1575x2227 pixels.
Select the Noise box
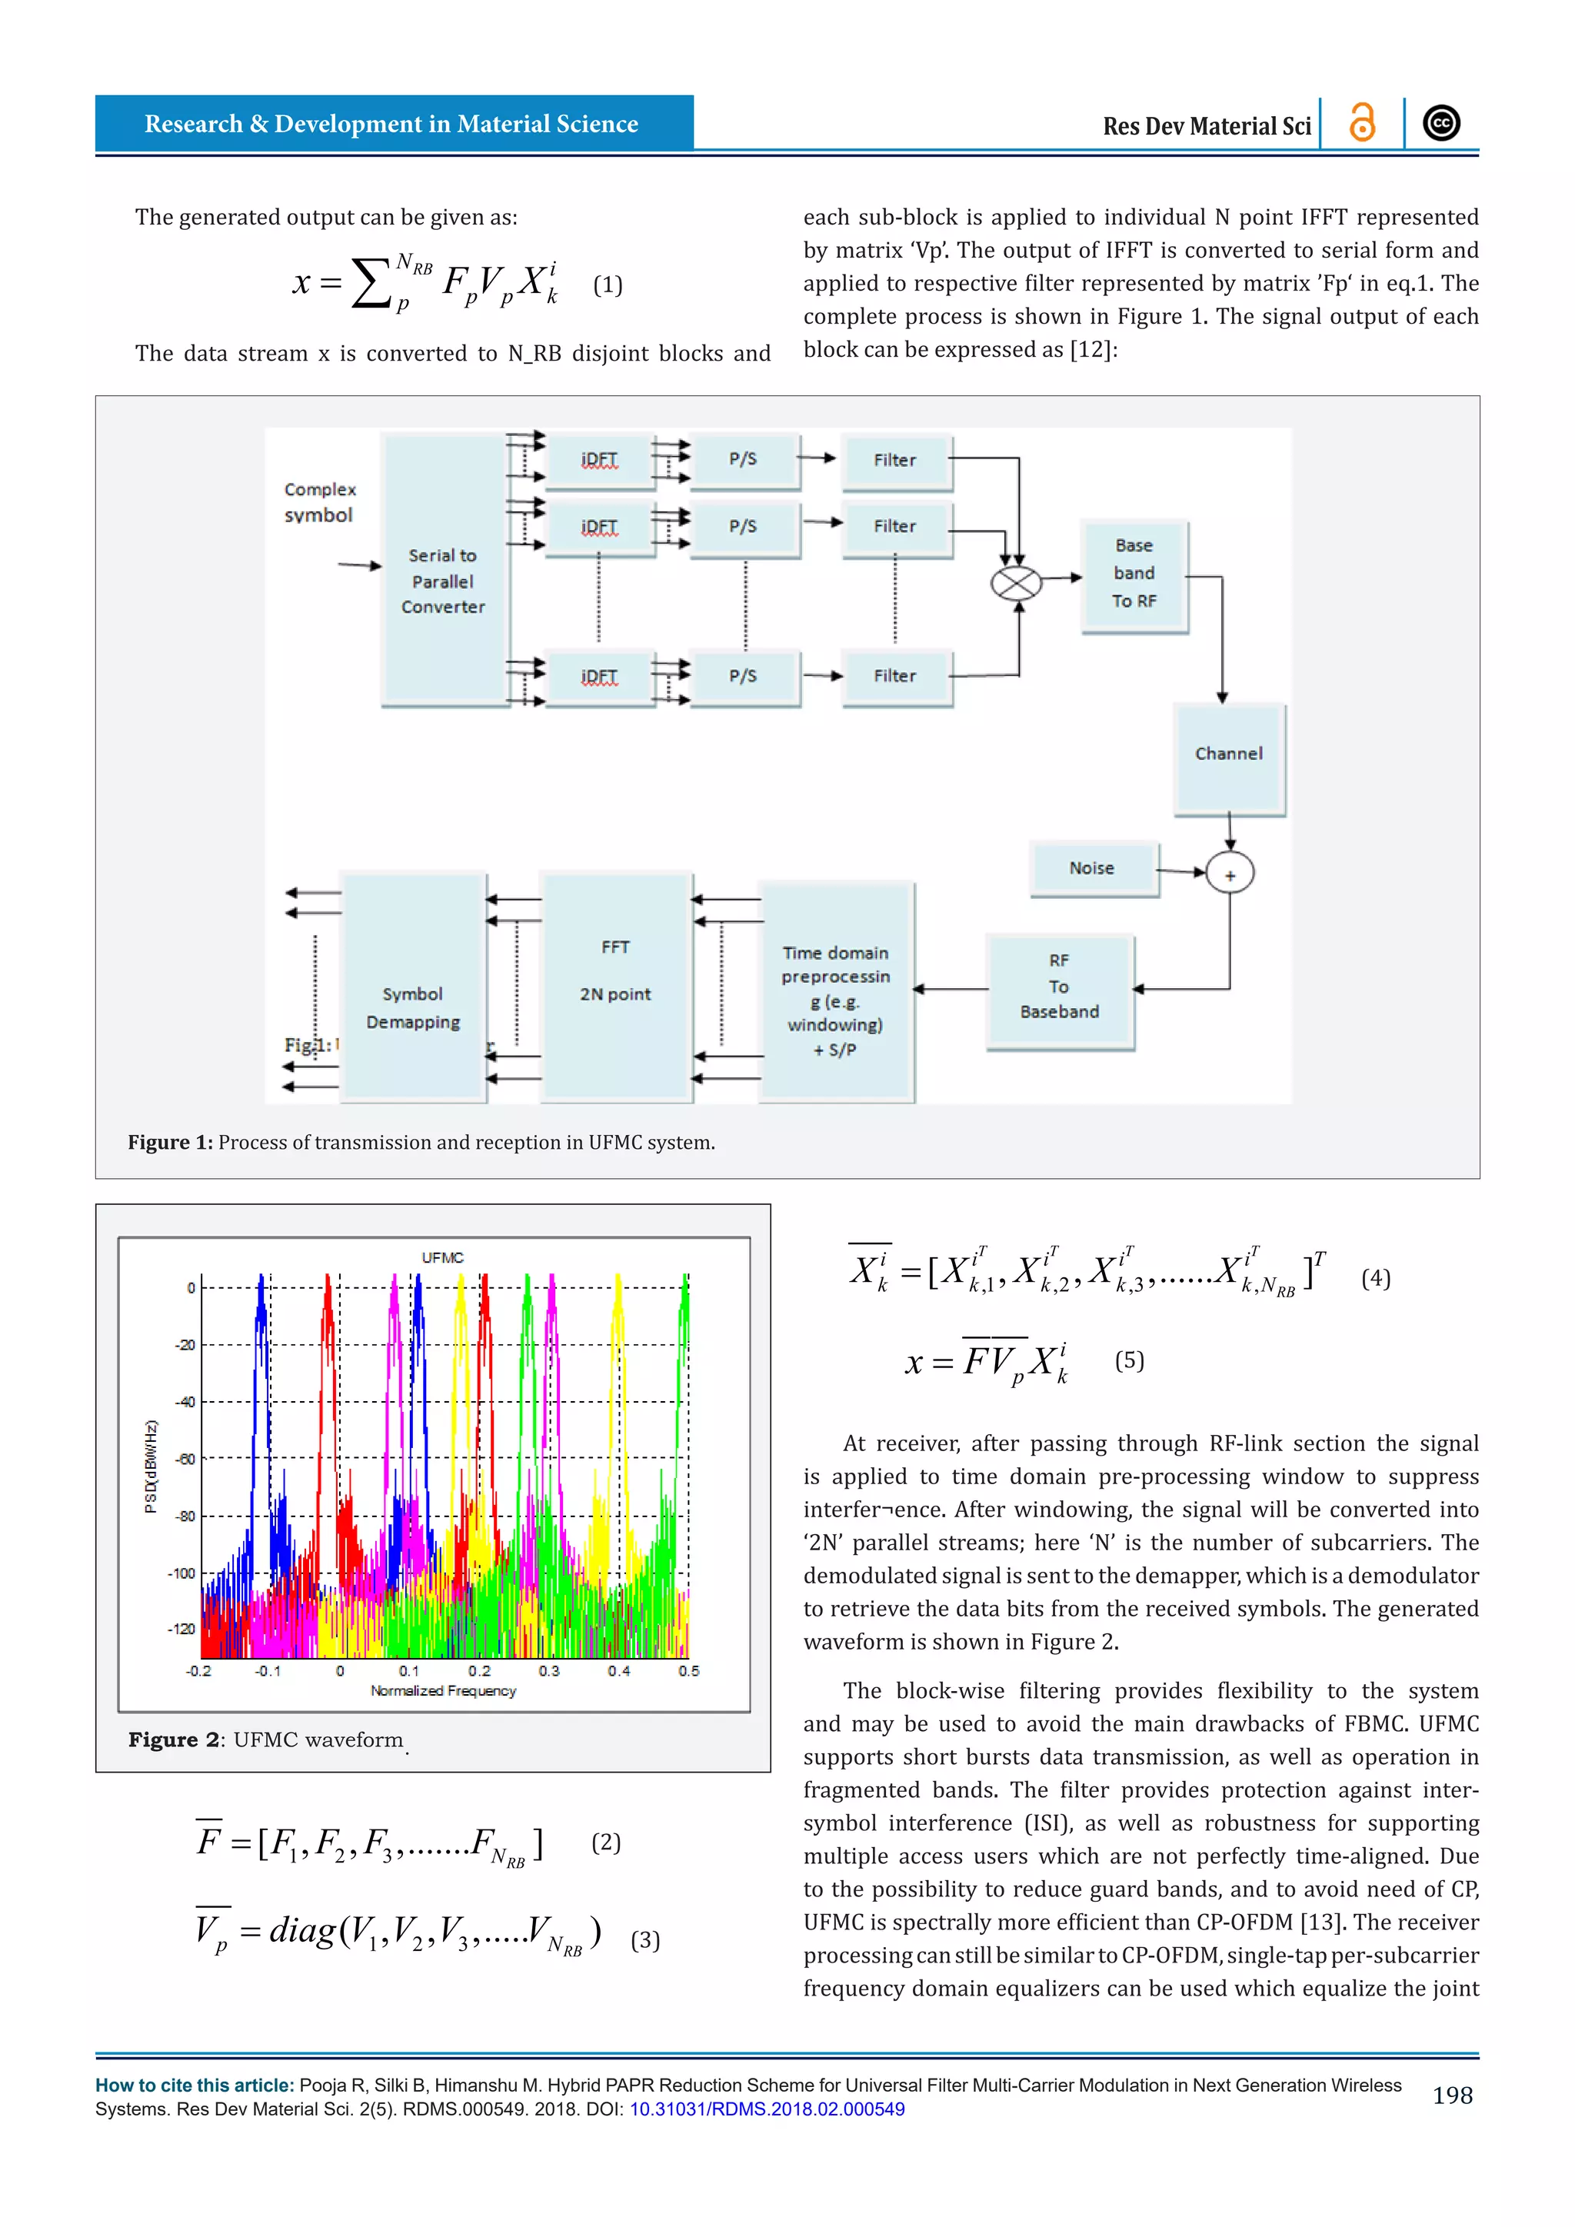(x=1093, y=868)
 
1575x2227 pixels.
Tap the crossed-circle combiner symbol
(x=1015, y=583)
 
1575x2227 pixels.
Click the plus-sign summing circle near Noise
(x=1229, y=874)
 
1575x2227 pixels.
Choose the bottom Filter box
(x=895, y=676)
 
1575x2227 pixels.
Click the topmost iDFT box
(x=599, y=461)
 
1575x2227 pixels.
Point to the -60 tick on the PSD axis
(x=185, y=1459)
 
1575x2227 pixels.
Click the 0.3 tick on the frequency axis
(x=549, y=1670)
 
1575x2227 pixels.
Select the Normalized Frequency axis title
(x=443, y=1690)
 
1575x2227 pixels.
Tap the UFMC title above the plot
(x=442, y=1257)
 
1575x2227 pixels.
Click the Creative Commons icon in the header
(x=1441, y=123)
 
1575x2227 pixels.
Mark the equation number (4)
(x=1375, y=1277)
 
